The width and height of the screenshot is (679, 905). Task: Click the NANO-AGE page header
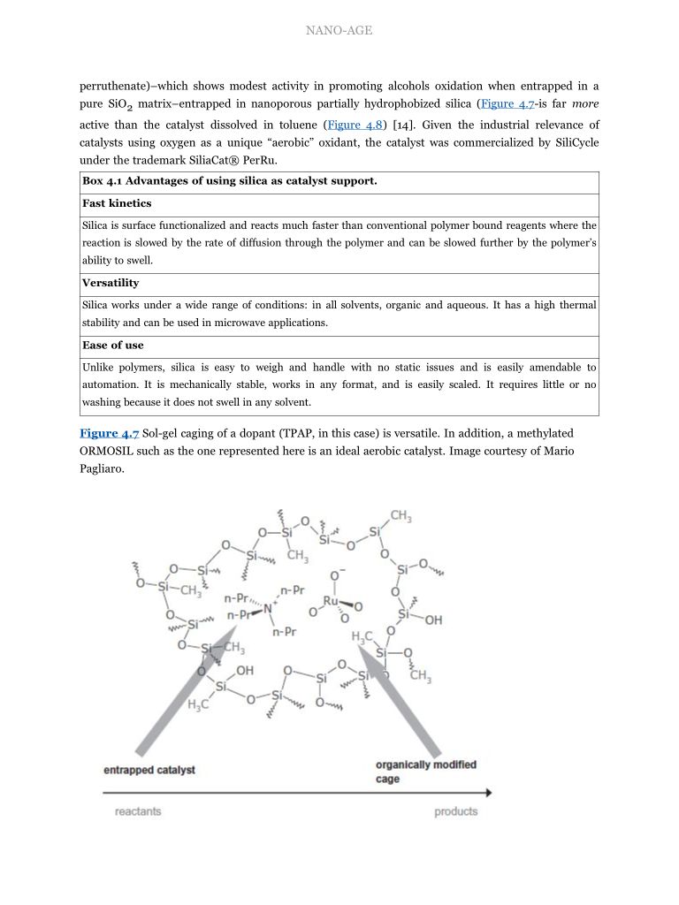coord(339,31)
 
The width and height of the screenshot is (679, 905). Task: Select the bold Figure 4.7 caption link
coord(110,433)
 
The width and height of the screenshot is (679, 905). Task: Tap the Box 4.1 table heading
coord(230,181)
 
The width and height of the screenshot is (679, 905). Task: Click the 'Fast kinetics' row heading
coord(117,203)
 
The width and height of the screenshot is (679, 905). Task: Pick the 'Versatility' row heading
coord(111,283)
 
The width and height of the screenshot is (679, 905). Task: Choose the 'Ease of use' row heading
coord(113,345)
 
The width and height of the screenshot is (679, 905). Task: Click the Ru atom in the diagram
coord(332,602)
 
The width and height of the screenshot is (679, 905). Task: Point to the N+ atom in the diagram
coord(269,608)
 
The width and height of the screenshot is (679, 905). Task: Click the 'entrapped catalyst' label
coord(149,770)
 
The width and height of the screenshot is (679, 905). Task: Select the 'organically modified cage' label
coord(425,772)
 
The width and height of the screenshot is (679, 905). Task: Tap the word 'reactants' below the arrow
coord(138,811)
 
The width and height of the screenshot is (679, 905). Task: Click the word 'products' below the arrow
coord(455,811)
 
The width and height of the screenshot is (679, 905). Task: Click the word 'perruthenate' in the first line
coord(111,86)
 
